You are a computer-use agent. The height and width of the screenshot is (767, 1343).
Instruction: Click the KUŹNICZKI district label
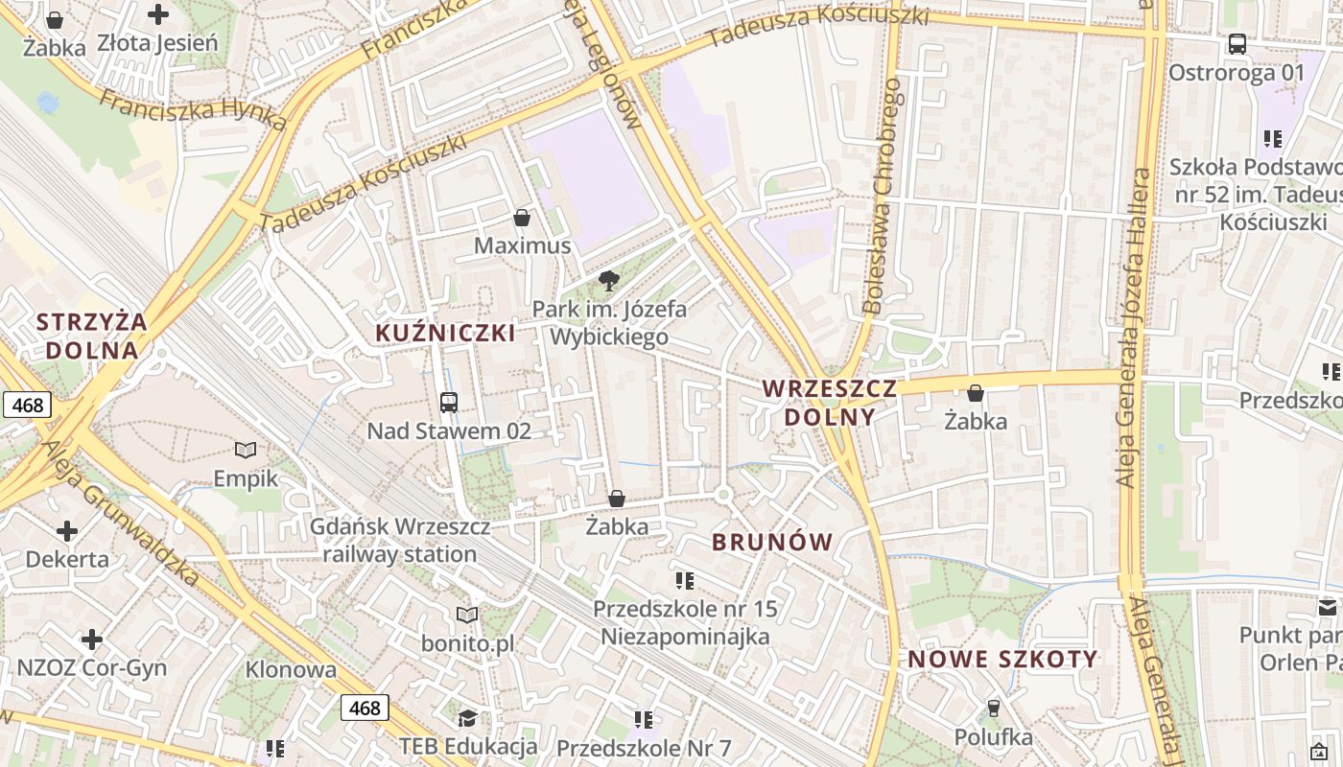pyautogui.click(x=445, y=333)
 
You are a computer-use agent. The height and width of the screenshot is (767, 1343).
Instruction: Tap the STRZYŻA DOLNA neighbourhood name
pyautogui.click(x=92, y=336)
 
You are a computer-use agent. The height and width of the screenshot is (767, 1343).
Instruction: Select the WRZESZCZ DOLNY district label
pyautogui.click(x=830, y=403)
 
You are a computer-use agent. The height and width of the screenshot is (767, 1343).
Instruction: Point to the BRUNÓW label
pyautogui.click(x=772, y=542)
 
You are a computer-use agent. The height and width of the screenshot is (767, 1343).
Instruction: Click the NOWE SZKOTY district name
pyautogui.click(x=1002, y=659)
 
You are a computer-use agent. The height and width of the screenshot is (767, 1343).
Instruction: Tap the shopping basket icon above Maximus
pyautogui.click(x=522, y=218)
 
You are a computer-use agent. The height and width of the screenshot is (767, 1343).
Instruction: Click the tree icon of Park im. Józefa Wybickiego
pyautogui.click(x=608, y=280)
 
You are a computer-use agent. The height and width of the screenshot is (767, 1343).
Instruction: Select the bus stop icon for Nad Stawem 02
pyautogui.click(x=448, y=403)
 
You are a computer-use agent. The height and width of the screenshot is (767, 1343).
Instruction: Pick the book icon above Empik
pyautogui.click(x=246, y=450)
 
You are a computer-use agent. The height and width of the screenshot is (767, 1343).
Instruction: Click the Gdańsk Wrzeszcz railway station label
pyautogui.click(x=400, y=540)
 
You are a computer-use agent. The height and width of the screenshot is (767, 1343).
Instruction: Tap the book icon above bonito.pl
pyautogui.click(x=467, y=615)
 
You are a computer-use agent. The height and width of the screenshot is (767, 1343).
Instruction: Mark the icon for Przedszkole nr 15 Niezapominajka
pyautogui.click(x=684, y=580)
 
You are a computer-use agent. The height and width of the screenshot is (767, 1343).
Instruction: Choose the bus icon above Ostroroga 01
pyautogui.click(x=1237, y=44)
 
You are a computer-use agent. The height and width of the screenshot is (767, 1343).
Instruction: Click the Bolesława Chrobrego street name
pyautogui.click(x=883, y=197)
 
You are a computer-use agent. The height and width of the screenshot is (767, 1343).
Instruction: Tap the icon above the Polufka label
pyautogui.click(x=993, y=709)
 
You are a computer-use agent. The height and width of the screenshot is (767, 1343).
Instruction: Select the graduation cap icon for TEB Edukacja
pyautogui.click(x=467, y=718)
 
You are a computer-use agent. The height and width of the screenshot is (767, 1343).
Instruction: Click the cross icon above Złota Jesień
pyautogui.click(x=158, y=14)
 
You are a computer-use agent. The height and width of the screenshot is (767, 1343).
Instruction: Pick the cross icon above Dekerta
pyautogui.click(x=67, y=530)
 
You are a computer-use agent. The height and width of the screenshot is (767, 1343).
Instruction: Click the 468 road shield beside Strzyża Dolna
pyautogui.click(x=27, y=405)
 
